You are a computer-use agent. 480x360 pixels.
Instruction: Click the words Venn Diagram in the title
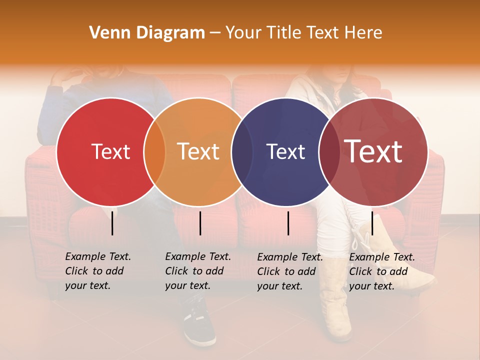point(147,33)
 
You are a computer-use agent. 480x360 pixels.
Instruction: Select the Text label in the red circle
point(110,151)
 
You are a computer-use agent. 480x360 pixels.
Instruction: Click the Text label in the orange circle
point(198,151)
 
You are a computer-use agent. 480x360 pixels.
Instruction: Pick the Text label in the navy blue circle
point(285,151)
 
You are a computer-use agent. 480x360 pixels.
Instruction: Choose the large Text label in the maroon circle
point(373,151)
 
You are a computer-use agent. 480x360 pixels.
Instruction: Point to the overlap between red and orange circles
point(154,151)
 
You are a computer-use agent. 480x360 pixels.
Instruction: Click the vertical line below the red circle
point(112,223)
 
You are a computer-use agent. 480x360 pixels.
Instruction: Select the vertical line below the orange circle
point(200,223)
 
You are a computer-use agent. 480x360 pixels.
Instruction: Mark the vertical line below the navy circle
point(288,223)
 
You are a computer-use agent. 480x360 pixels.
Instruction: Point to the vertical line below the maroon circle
point(372,223)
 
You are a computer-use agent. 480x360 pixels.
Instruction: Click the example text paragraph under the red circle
point(97,271)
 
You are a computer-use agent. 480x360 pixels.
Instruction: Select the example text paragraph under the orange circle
point(197,271)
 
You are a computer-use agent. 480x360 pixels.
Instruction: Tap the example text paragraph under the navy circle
point(289,271)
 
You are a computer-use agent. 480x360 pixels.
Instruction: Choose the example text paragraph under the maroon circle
point(381,271)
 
